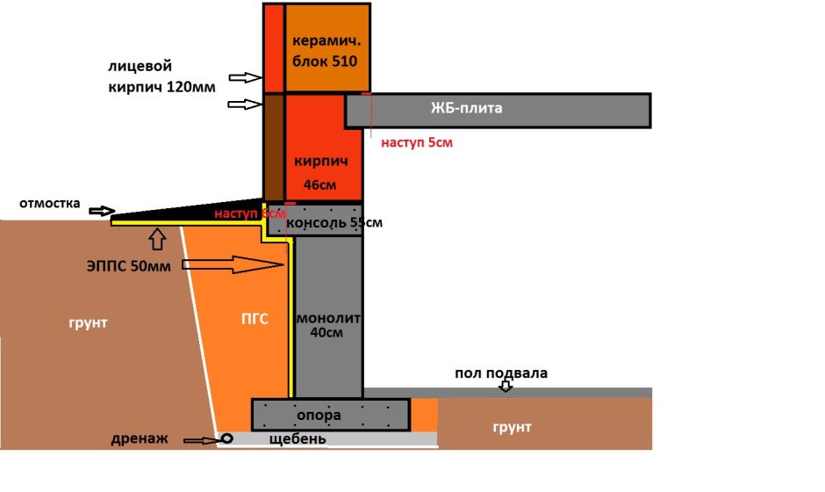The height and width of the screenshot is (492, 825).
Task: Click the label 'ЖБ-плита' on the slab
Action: (x=466, y=109)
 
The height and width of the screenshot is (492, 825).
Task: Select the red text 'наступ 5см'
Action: (x=417, y=141)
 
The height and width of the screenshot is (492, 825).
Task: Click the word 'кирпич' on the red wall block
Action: (x=320, y=162)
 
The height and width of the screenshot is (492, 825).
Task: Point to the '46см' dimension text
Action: (x=320, y=185)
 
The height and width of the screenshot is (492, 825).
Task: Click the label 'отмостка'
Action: (x=49, y=204)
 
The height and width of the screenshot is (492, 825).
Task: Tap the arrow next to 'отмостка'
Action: (x=102, y=211)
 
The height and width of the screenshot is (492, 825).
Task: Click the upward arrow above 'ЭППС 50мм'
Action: (x=156, y=237)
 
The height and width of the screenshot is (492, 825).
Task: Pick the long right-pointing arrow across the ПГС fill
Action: (x=237, y=264)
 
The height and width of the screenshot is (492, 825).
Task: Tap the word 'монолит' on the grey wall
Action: (x=328, y=317)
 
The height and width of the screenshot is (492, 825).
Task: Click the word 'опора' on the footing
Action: (x=319, y=414)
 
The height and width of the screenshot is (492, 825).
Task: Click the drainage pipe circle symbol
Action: (x=226, y=438)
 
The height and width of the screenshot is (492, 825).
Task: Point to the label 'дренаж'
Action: (x=138, y=438)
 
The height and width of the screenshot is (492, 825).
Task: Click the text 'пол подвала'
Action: (x=500, y=373)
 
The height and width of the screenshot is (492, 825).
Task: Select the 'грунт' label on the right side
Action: (x=512, y=427)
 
